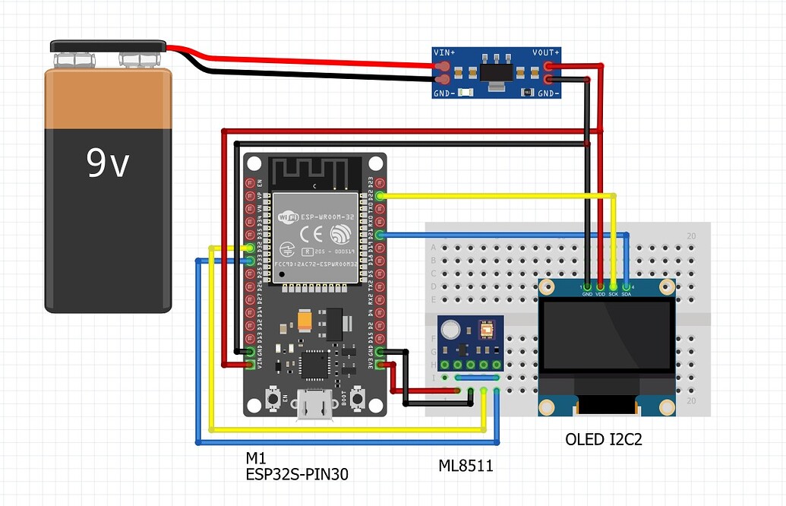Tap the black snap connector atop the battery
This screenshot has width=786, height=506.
click(x=108, y=46)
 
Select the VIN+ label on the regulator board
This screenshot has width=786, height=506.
click(x=444, y=52)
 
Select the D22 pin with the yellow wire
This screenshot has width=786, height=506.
click(x=380, y=196)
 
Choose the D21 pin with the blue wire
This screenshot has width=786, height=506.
click(x=380, y=235)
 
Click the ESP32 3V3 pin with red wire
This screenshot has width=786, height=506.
click(x=380, y=365)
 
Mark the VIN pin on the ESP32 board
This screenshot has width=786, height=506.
click(x=250, y=365)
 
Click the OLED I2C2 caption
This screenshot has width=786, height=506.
click(x=604, y=439)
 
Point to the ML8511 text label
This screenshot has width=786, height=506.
click(x=466, y=465)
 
